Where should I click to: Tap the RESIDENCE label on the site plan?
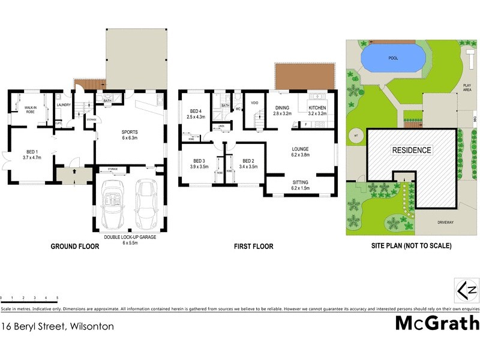(x=411, y=150)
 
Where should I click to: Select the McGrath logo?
(x=437, y=323)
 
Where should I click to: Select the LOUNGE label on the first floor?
(x=299, y=152)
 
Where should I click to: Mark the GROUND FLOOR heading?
(x=74, y=246)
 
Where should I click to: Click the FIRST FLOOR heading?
(x=254, y=246)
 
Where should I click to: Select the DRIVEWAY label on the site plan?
(x=444, y=222)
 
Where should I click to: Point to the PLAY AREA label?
(x=467, y=88)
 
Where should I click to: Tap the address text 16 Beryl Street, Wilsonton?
(x=58, y=327)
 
